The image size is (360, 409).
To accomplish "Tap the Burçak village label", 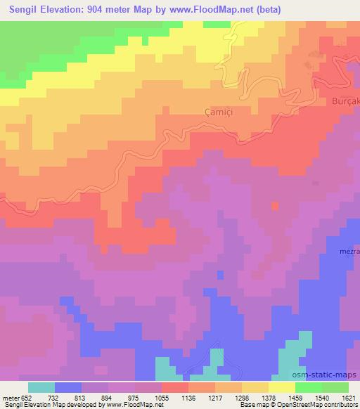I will pos(345,101).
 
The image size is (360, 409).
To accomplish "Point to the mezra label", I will pos(349,251).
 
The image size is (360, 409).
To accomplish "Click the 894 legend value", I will pos(107,398).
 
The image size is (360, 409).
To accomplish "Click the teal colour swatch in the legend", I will pos(41,387).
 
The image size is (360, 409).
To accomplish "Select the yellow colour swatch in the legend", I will pos(281,387).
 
